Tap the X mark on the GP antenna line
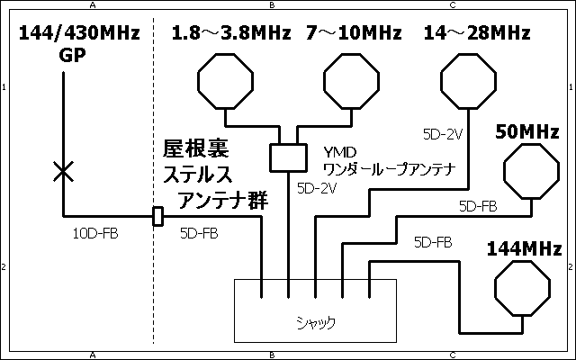(x=63, y=171)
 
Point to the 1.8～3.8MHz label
(x=231, y=34)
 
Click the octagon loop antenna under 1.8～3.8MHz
(x=224, y=81)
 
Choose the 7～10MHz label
(x=353, y=34)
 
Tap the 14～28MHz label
(x=476, y=34)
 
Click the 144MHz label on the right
(x=524, y=248)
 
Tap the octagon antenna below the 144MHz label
(x=522, y=290)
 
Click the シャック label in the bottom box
(x=315, y=320)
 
